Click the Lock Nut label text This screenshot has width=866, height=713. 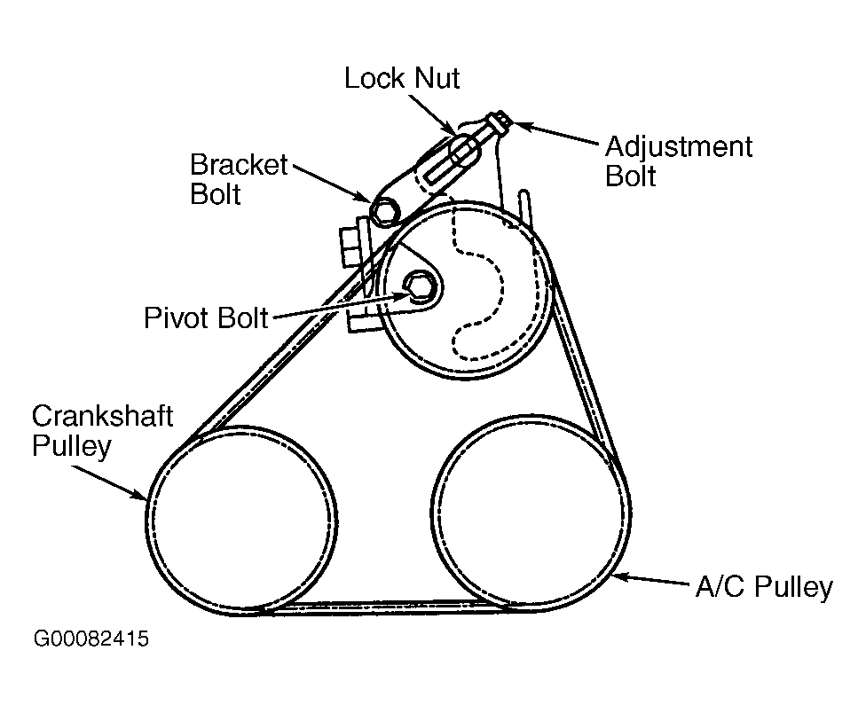[x=401, y=78]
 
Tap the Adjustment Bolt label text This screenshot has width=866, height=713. [x=678, y=161]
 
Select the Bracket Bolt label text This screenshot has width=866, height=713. [x=240, y=179]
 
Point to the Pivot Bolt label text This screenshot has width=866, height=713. [x=206, y=317]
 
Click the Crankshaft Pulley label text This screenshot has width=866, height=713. [x=102, y=430]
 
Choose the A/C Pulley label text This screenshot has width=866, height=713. [x=762, y=587]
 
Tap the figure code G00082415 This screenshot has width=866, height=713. [x=91, y=639]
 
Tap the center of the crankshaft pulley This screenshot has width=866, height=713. [x=241, y=519]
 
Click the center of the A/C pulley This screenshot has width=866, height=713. [x=530, y=513]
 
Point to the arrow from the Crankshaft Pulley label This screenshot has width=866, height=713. [x=110, y=479]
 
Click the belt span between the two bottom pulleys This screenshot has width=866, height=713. [x=382, y=607]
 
